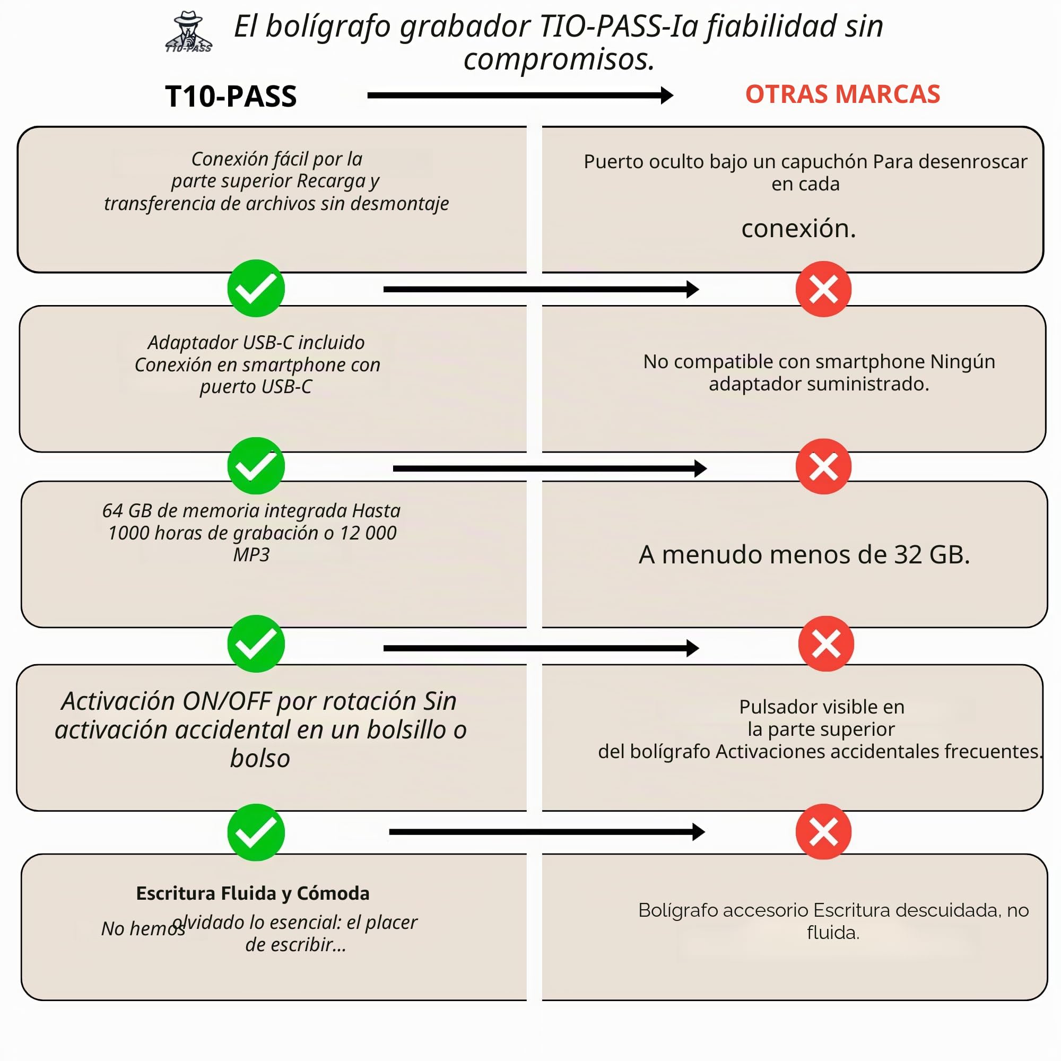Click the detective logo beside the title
[188, 32]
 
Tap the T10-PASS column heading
[231, 97]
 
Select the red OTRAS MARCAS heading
[842, 94]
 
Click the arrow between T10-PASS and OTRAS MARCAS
[520, 95]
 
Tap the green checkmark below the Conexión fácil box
[256, 288]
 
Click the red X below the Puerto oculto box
[823, 289]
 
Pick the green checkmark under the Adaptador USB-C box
[256, 466]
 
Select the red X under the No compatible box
[823, 466]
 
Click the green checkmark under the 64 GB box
[256, 643]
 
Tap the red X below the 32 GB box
[826, 643]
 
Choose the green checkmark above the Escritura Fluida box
[256, 832]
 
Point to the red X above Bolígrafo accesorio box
[823, 831]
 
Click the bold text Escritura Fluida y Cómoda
[253, 893]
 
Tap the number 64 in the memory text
[112, 511]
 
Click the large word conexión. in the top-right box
[798, 229]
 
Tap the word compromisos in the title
[559, 59]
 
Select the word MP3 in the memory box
[251, 555]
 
